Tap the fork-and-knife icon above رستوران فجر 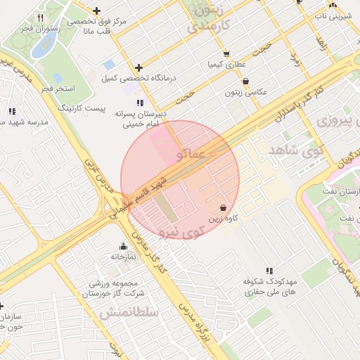(x=40, y=18)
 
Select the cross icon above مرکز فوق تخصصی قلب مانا (x=96, y=11)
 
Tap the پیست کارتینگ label (x=83, y=109)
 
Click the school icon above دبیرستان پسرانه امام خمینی (x=141, y=103)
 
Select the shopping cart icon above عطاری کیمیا (x=226, y=54)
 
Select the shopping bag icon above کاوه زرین (x=223, y=208)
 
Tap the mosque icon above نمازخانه (x=124, y=246)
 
